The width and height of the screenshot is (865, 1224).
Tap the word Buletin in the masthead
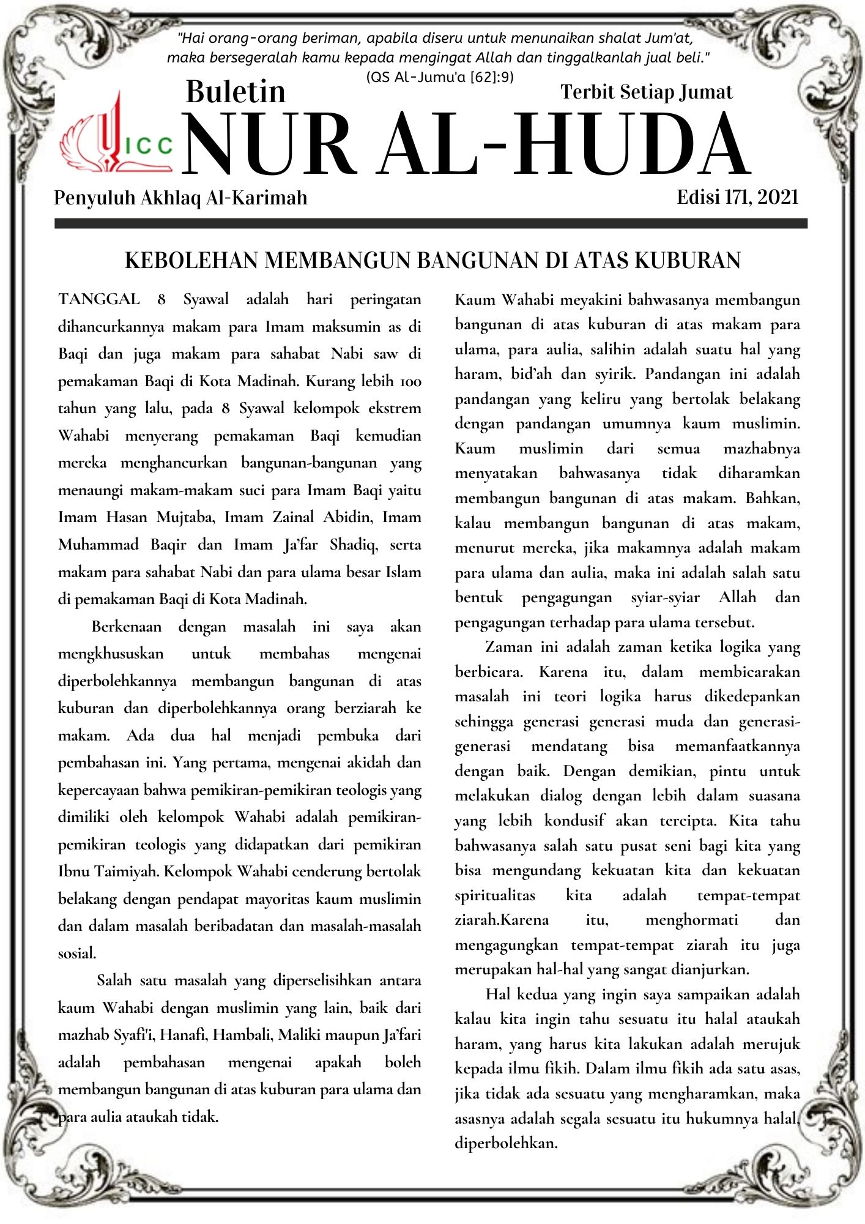coord(236,92)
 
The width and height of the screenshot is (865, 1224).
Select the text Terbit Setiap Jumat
coord(646,92)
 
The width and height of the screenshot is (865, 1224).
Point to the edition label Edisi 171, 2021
coord(737,197)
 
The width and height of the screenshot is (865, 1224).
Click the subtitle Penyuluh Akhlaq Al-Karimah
coord(180,198)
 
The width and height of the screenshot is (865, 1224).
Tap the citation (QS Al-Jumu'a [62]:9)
coord(439,77)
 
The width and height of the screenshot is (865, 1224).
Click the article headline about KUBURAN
coord(432,261)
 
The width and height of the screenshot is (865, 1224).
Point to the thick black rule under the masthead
coord(431,224)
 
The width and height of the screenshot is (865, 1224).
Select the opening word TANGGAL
coord(98,299)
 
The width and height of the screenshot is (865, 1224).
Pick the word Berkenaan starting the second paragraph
coord(127,627)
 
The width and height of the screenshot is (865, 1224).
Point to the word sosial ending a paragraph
coord(76,953)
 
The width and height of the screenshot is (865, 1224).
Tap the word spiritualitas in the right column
coord(494,895)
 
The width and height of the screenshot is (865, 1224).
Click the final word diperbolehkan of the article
coord(506,1143)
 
